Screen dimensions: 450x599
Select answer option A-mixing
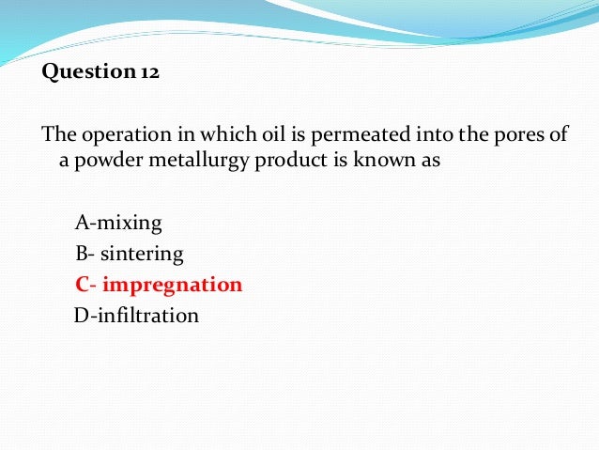[117, 224]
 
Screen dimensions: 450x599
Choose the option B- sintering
[130, 254]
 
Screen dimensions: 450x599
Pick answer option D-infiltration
[136, 315]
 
